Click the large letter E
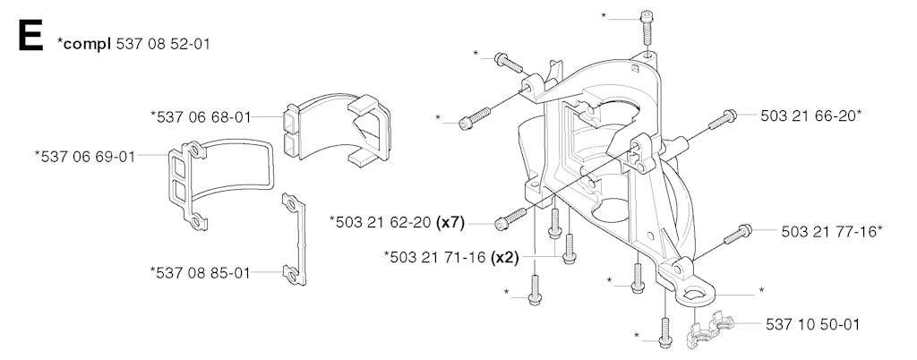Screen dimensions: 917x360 (30, 36)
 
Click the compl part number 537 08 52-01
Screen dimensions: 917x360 (163, 44)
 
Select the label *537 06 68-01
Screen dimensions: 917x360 (201, 117)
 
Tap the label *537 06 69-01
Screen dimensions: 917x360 (85, 157)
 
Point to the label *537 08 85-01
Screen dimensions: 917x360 (200, 272)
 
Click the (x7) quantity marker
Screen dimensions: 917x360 (450, 223)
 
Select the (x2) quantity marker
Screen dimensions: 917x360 (505, 257)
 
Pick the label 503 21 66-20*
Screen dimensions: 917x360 (811, 116)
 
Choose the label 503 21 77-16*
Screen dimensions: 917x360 (832, 231)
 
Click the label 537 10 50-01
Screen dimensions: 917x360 (813, 324)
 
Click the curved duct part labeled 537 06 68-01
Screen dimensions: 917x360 (338, 127)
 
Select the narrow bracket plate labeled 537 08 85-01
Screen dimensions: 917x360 (295, 240)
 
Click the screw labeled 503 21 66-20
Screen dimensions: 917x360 (722, 119)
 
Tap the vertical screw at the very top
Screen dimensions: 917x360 (647, 29)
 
